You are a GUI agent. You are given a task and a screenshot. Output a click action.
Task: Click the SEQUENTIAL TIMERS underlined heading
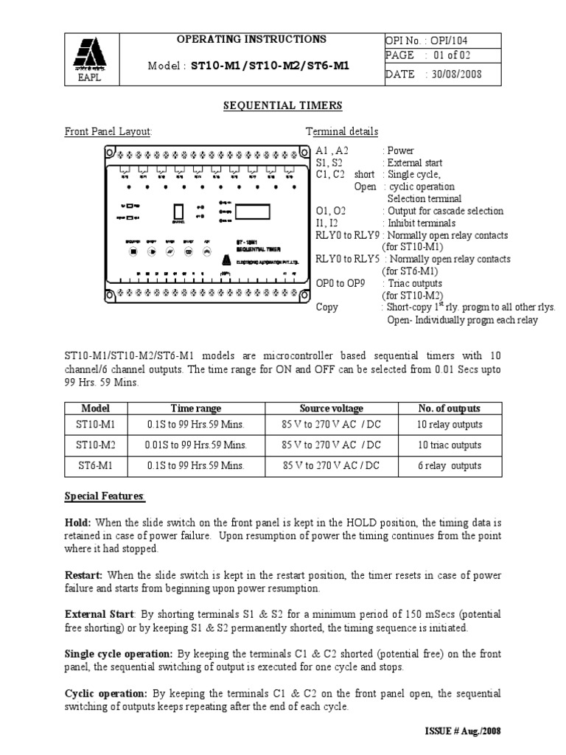(x=283, y=106)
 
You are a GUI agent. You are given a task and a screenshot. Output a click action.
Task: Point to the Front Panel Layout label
(x=108, y=131)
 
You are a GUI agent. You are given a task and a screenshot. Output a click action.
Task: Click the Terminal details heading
(x=342, y=131)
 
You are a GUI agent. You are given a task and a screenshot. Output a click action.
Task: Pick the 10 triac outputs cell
(x=450, y=445)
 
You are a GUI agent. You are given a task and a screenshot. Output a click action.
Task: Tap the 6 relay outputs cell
(x=450, y=466)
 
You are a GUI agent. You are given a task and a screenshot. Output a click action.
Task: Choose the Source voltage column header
(x=331, y=408)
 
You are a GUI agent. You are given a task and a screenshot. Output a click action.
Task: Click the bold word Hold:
(x=78, y=522)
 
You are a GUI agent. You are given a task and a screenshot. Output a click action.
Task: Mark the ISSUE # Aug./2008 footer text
(x=459, y=731)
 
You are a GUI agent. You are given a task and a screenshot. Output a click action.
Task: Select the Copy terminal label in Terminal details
(x=327, y=307)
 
